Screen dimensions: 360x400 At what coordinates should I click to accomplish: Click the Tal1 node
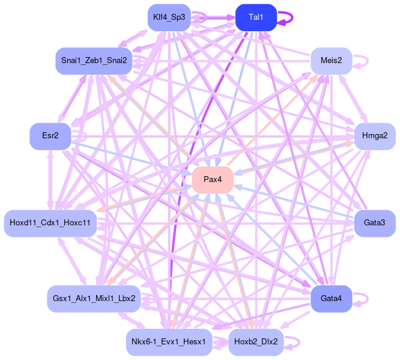tap(256, 17)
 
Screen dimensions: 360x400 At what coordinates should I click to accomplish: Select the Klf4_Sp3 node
tap(169, 17)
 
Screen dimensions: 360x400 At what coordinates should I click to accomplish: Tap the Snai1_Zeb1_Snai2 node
tap(94, 61)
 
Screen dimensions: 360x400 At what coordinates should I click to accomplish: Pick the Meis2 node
tap(331, 61)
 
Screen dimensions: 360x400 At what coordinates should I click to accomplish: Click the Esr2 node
tap(50, 136)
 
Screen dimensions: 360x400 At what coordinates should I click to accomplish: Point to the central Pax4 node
tap(213, 180)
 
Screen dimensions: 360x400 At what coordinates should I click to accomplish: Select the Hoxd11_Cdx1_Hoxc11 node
tap(50, 223)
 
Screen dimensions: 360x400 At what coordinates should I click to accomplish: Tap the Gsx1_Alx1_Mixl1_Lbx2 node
tap(94, 298)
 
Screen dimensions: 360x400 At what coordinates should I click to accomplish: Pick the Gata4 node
tap(331, 298)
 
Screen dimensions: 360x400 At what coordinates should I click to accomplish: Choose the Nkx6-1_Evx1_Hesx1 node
tap(169, 342)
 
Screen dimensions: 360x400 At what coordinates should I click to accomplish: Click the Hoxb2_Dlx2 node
tap(256, 342)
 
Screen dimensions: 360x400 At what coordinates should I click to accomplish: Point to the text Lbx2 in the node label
tap(126, 298)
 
